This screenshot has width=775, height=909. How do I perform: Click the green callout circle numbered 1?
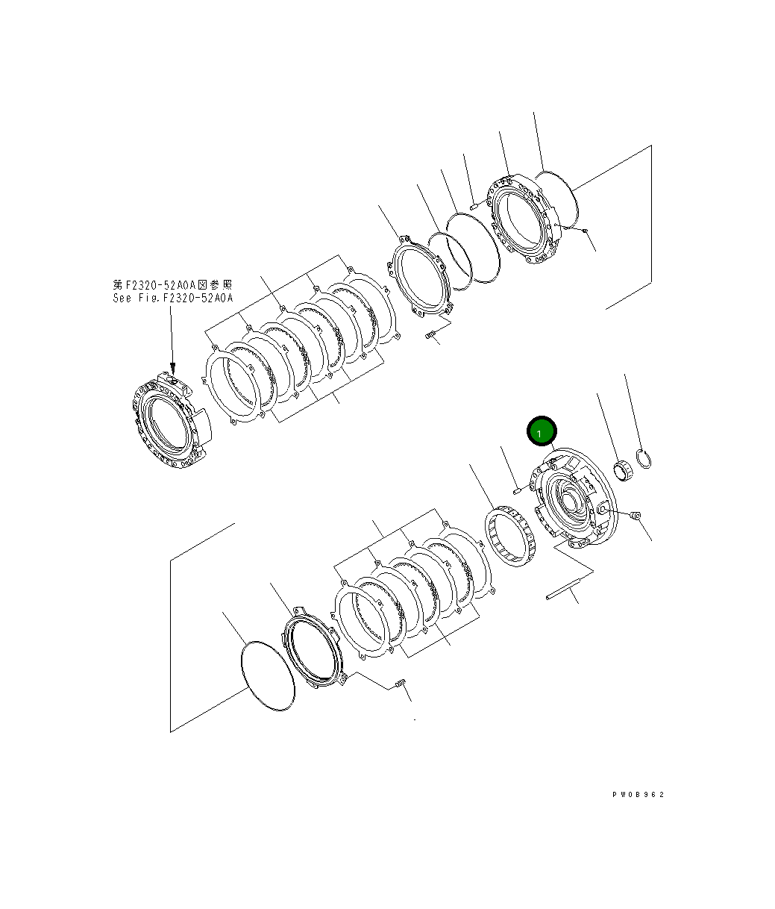pyautogui.click(x=542, y=432)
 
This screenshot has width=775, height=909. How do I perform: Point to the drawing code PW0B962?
pyautogui.click(x=637, y=794)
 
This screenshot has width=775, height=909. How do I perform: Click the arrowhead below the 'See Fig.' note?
pyautogui.click(x=173, y=369)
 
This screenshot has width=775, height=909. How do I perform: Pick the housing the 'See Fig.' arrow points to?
pyautogui.click(x=168, y=421)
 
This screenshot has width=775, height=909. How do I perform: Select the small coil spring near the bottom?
pyautogui.click(x=400, y=684)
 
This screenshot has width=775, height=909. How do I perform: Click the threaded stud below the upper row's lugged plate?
pyautogui.click(x=430, y=336)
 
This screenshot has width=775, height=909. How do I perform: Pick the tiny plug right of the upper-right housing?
pyautogui.click(x=586, y=231)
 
